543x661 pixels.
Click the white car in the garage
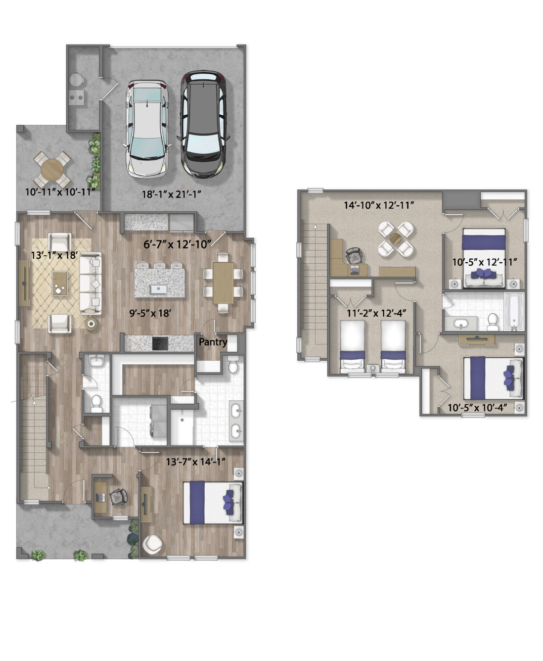(147, 129)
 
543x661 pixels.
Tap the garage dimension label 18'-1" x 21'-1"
(172, 194)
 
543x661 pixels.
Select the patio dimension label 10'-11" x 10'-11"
(60, 192)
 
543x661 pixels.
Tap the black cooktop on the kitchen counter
(160, 343)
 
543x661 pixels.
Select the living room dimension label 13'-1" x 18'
(54, 255)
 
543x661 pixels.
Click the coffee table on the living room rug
(59, 283)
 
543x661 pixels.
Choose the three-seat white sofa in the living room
(90, 283)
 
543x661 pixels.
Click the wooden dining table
(223, 283)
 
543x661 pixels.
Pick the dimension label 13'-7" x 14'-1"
(196, 462)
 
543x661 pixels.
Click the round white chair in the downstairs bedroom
(152, 544)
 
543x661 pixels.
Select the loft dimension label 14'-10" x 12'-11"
(379, 205)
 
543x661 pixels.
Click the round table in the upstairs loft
(396, 239)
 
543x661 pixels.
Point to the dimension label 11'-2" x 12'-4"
(376, 313)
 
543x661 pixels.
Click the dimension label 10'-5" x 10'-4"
(478, 408)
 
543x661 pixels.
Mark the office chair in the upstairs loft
(354, 255)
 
